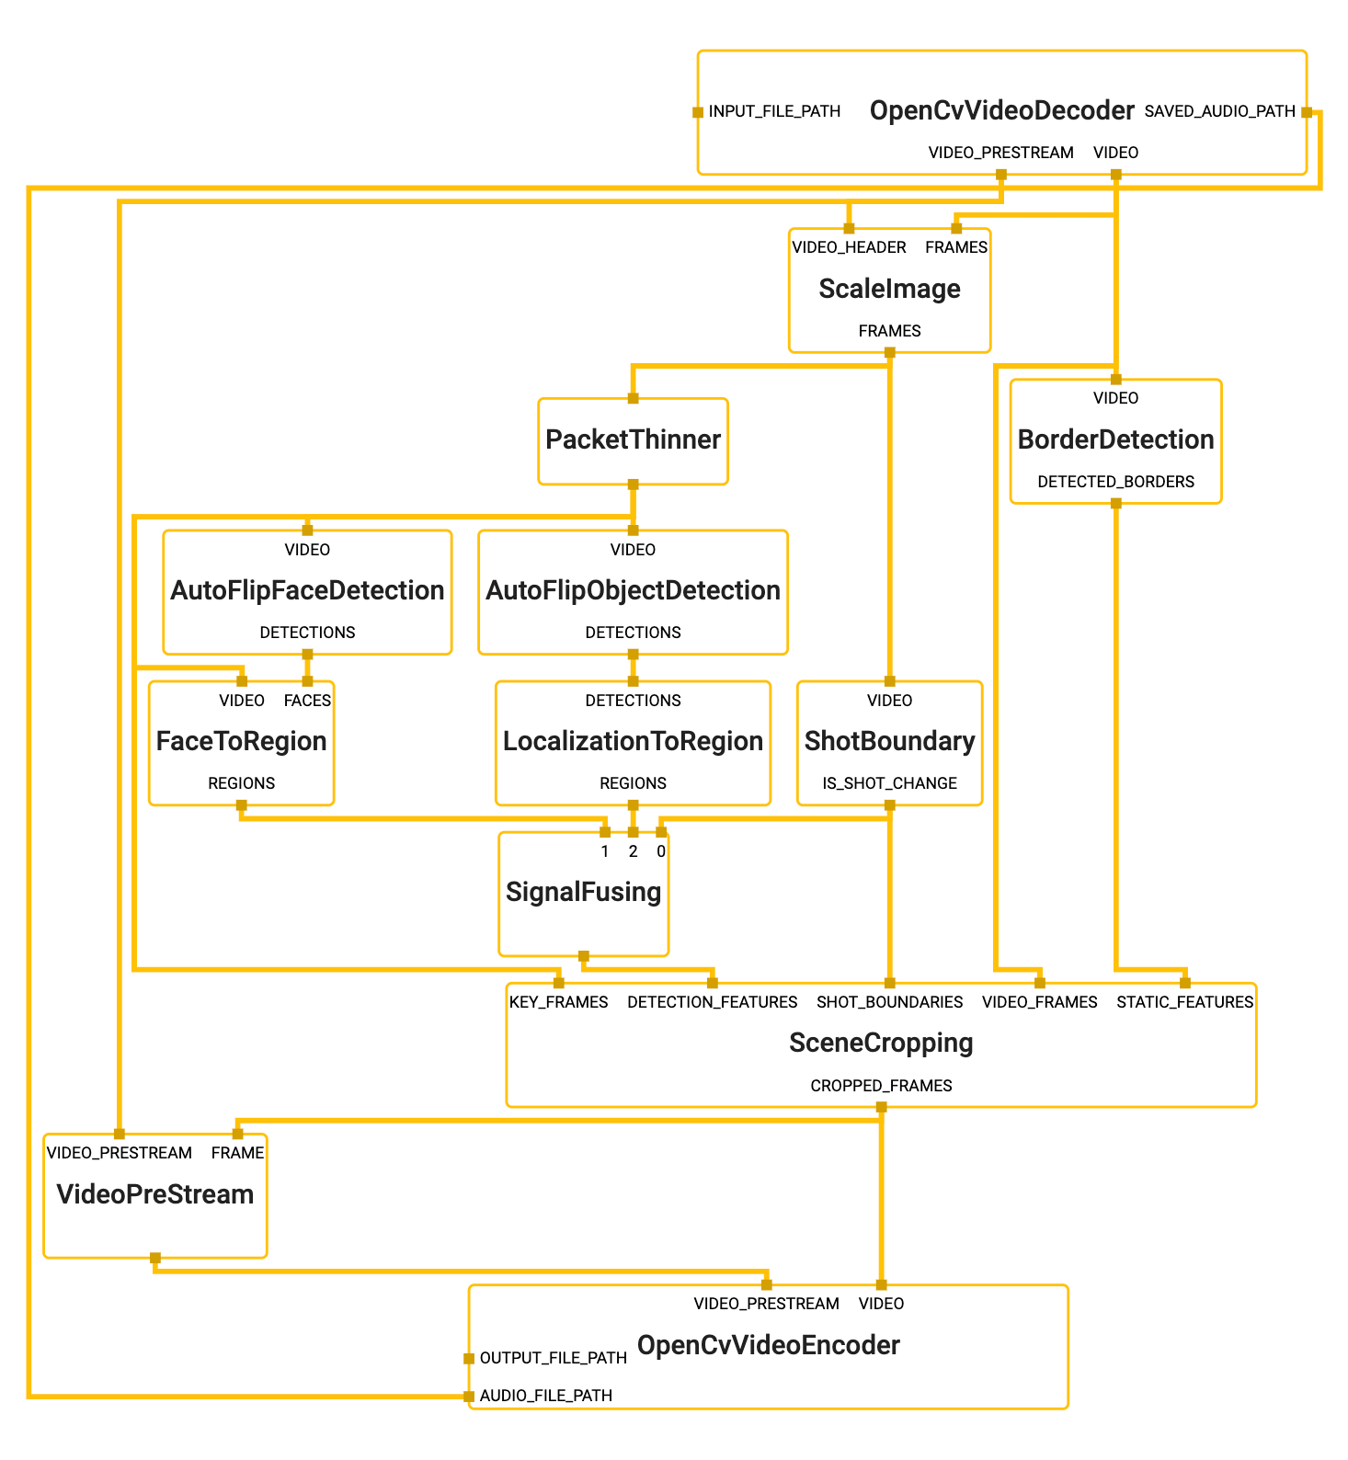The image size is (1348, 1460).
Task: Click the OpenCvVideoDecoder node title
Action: click(1001, 111)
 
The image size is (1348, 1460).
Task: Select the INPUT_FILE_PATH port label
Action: click(774, 111)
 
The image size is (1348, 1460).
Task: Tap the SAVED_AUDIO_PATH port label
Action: click(1219, 111)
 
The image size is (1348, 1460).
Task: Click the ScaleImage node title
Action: click(889, 289)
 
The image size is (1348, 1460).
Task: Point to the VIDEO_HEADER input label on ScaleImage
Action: click(849, 247)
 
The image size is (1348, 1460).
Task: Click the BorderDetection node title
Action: click(1115, 439)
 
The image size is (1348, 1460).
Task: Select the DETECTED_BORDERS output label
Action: click(1115, 482)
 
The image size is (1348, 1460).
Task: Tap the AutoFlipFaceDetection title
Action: click(307, 590)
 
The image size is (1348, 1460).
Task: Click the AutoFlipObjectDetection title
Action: click(633, 590)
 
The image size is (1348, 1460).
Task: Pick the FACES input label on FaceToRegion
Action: click(307, 701)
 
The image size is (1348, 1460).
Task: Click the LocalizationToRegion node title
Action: click(633, 741)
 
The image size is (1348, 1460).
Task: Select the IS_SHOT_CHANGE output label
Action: click(889, 783)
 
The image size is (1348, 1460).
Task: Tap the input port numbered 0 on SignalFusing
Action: click(661, 833)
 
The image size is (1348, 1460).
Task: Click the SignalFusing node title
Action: click(583, 892)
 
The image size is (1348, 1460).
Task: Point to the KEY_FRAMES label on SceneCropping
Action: click(558, 1002)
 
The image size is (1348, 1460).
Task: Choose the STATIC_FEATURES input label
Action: click(1184, 1002)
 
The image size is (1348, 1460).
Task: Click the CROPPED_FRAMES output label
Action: click(881, 1086)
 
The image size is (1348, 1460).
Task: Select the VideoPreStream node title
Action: click(154, 1194)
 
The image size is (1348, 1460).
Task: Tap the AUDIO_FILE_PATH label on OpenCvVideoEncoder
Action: click(545, 1396)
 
